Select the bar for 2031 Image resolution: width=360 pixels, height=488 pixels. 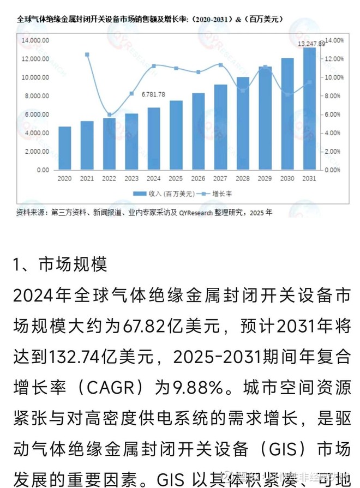tap(309, 109)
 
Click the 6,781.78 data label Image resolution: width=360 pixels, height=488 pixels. tap(153, 94)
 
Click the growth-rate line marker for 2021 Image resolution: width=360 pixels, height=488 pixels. tap(87, 55)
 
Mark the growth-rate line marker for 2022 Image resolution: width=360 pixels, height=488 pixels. tap(110, 115)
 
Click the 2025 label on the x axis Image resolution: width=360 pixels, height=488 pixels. tap(176, 178)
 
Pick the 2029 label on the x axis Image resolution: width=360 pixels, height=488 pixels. tap(265, 178)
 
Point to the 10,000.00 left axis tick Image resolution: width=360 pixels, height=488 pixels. tap(35, 77)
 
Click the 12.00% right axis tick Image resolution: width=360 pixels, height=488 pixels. tap(334, 59)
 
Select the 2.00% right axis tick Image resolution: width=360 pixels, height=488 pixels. tap(333, 152)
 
